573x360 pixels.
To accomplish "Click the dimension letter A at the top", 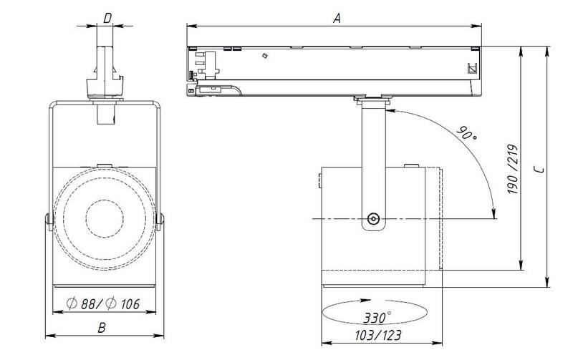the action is pyautogui.click(x=337, y=18).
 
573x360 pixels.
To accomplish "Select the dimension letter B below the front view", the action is pyautogui.click(x=102, y=328).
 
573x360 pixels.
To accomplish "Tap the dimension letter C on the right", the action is pyautogui.click(x=539, y=170).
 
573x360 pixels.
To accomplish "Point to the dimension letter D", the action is pyautogui.click(x=107, y=19).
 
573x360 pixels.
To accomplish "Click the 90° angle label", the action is pyautogui.click(x=467, y=134).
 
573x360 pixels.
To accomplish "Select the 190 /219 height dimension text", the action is pyautogui.click(x=513, y=169).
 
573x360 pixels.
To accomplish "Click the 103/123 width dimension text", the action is pyautogui.click(x=378, y=335).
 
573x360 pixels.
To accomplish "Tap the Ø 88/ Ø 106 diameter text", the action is pyautogui.click(x=103, y=303).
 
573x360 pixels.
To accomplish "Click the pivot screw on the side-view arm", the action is pyautogui.click(x=373, y=219).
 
